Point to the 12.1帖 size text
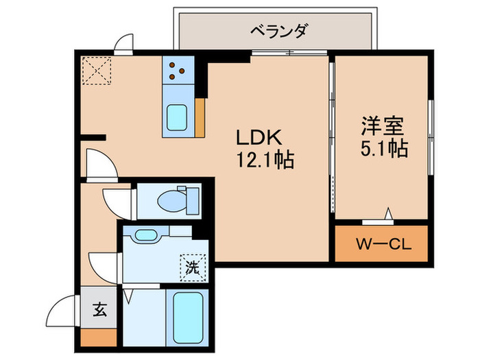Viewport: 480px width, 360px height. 266,160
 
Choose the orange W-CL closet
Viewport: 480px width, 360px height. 381,243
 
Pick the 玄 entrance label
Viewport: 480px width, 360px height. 99,309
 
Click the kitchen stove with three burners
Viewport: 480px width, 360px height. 178,69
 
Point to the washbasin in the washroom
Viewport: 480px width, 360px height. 146,236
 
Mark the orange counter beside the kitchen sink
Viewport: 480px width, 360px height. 200,117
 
